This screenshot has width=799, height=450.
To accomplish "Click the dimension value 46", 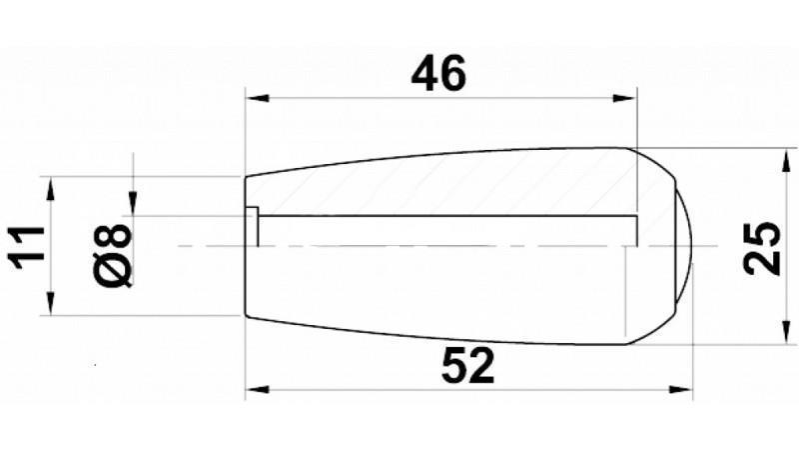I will pyautogui.click(x=439, y=74).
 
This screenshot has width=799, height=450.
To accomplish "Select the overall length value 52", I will pyautogui.click(x=466, y=367).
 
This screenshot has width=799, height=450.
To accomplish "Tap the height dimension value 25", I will pyautogui.click(x=762, y=247).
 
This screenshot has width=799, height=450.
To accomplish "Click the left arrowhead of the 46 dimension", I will pyautogui.click(x=257, y=98).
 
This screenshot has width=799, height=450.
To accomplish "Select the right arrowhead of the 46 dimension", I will pyautogui.click(x=625, y=98).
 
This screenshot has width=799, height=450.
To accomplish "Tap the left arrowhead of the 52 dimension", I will pyautogui.click(x=257, y=390).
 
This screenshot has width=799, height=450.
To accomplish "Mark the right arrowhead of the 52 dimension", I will pyautogui.click(x=682, y=390).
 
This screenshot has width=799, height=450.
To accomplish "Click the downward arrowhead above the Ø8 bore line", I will pyautogui.click(x=132, y=204).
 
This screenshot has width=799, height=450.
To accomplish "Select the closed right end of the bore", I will pyautogui.click(x=636, y=230).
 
